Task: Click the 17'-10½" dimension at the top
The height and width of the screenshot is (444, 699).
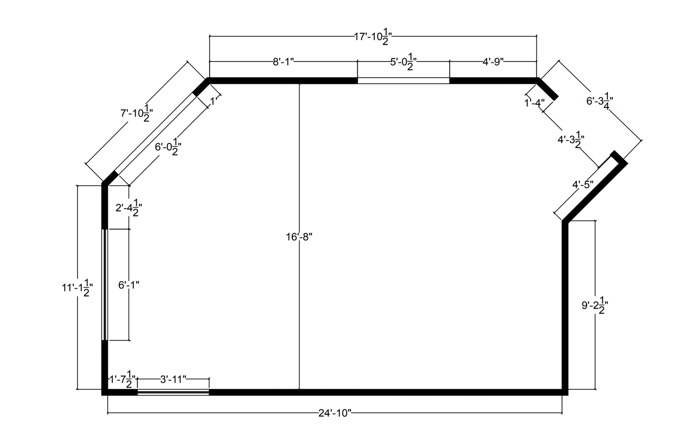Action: click(373, 37)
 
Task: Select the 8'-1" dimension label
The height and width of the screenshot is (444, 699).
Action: click(284, 62)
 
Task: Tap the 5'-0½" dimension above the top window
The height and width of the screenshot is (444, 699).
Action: click(403, 62)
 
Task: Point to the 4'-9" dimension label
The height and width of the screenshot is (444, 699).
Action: click(493, 62)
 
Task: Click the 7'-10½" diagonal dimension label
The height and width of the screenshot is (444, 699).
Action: click(136, 114)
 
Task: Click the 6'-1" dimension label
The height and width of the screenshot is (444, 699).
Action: click(129, 285)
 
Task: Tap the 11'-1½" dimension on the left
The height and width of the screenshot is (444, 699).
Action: click(77, 288)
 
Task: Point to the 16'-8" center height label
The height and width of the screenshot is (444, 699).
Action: click(299, 237)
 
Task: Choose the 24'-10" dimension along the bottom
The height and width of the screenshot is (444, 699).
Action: click(335, 413)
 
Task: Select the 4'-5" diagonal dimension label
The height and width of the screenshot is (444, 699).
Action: click(583, 185)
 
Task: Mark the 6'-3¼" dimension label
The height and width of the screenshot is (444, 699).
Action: click(600, 101)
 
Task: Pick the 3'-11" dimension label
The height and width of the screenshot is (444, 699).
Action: click(173, 379)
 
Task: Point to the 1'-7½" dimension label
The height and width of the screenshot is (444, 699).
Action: click(123, 379)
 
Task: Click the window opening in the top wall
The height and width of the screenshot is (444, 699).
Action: click(403, 80)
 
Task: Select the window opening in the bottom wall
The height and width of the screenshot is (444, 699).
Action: click(173, 392)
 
